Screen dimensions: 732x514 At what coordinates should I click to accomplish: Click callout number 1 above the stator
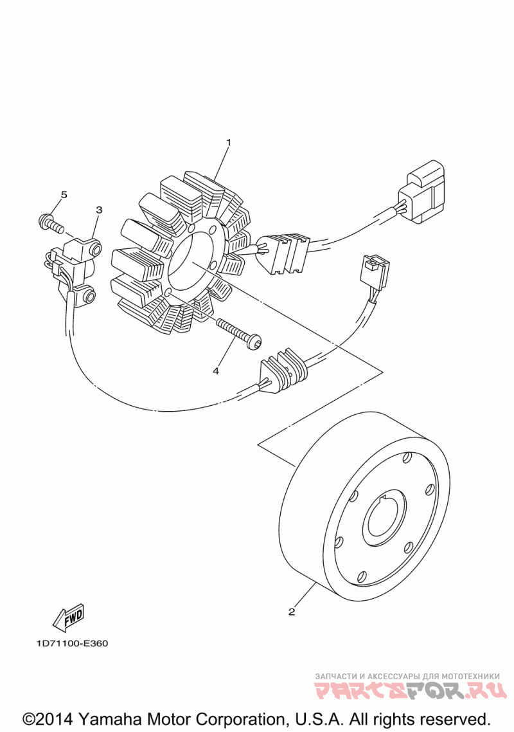point(227,142)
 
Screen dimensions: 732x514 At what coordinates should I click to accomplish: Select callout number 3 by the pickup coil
point(99,210)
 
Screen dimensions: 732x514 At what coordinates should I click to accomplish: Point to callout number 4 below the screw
point(216,371)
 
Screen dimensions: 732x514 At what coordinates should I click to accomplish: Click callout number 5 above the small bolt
point(64,194)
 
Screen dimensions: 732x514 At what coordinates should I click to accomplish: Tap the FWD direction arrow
point(67,618)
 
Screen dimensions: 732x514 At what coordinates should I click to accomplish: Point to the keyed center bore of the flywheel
point(385,520)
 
